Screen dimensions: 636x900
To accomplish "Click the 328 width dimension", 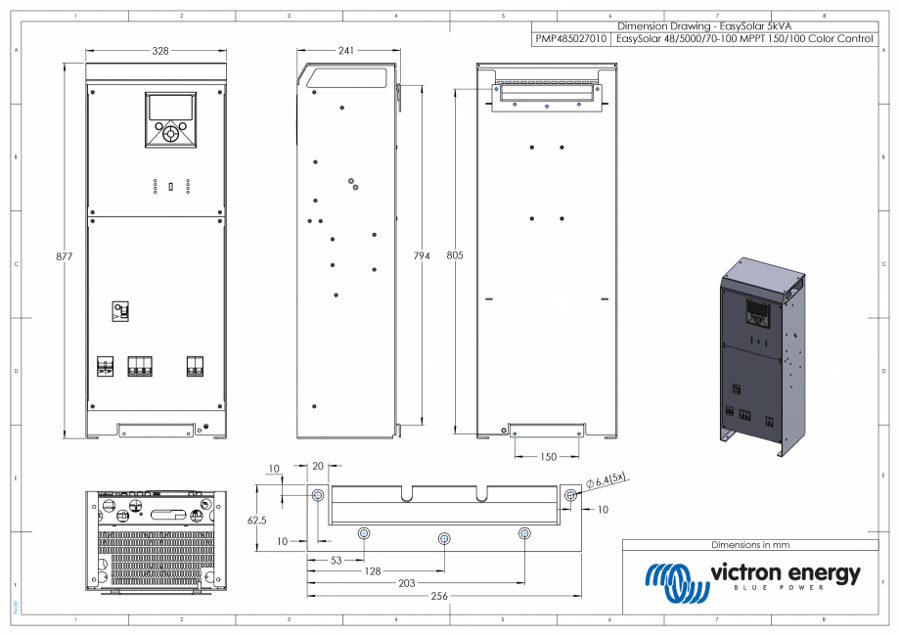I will pos(157,50).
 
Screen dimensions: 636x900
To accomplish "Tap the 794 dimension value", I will pos(422,255).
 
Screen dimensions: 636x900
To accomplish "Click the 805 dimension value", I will pos(456,255).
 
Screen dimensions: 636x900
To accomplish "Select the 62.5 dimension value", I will pos(257,521).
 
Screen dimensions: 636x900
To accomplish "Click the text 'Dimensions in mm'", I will pos(749,544).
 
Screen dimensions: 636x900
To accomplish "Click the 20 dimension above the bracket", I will pos(318,467).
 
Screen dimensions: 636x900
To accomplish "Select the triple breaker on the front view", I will pos(140,366).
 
